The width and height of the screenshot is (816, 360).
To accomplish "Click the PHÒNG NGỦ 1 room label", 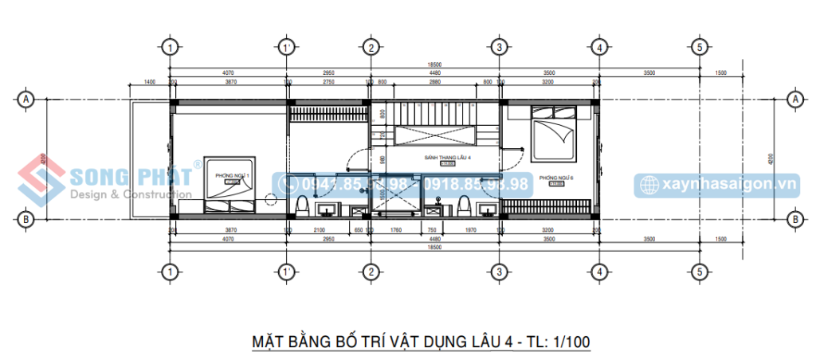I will tap(237, 174).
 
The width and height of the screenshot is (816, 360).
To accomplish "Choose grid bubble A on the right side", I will tap(794, 99).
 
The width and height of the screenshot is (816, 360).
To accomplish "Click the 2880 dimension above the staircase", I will tap(434, 82).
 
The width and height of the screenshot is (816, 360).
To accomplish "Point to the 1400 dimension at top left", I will tap(149, 82).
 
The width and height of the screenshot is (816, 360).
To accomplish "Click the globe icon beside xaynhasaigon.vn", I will tap(648, 185).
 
